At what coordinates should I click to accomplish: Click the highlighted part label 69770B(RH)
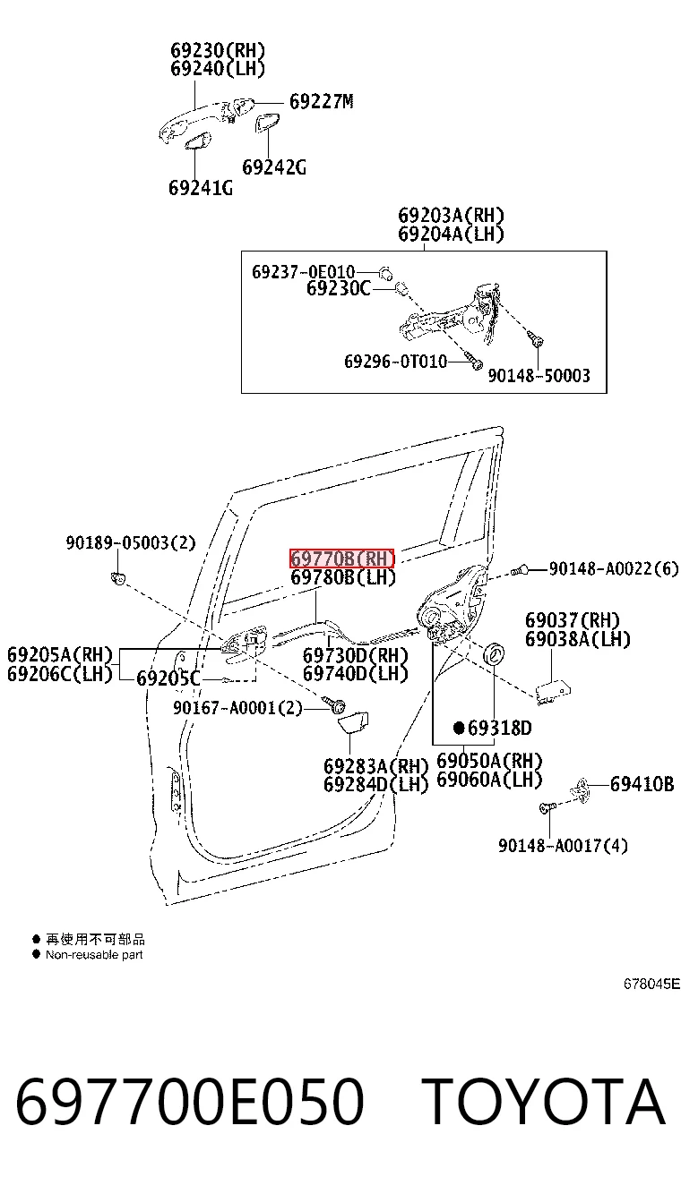342,559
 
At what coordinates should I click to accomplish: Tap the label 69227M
322,101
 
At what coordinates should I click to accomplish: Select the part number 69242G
274,167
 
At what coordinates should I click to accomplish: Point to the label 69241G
201,188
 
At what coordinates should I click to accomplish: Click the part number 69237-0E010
303,272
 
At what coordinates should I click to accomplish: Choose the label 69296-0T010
395,362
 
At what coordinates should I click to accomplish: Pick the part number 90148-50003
539,375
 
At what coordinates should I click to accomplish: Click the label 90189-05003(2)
131,542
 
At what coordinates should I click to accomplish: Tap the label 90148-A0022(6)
614,568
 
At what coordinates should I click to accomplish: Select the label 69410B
642,784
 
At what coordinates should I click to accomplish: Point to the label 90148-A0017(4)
563,846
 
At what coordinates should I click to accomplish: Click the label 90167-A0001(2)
237,708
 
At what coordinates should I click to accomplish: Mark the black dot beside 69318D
459,728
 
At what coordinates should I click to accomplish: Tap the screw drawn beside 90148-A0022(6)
520,570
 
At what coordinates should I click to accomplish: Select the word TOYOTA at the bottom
544,1100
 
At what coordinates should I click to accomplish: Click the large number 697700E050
190,1101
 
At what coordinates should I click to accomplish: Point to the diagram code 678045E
651,984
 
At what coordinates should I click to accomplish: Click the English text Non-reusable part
94,955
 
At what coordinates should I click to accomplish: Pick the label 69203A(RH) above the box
451,216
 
